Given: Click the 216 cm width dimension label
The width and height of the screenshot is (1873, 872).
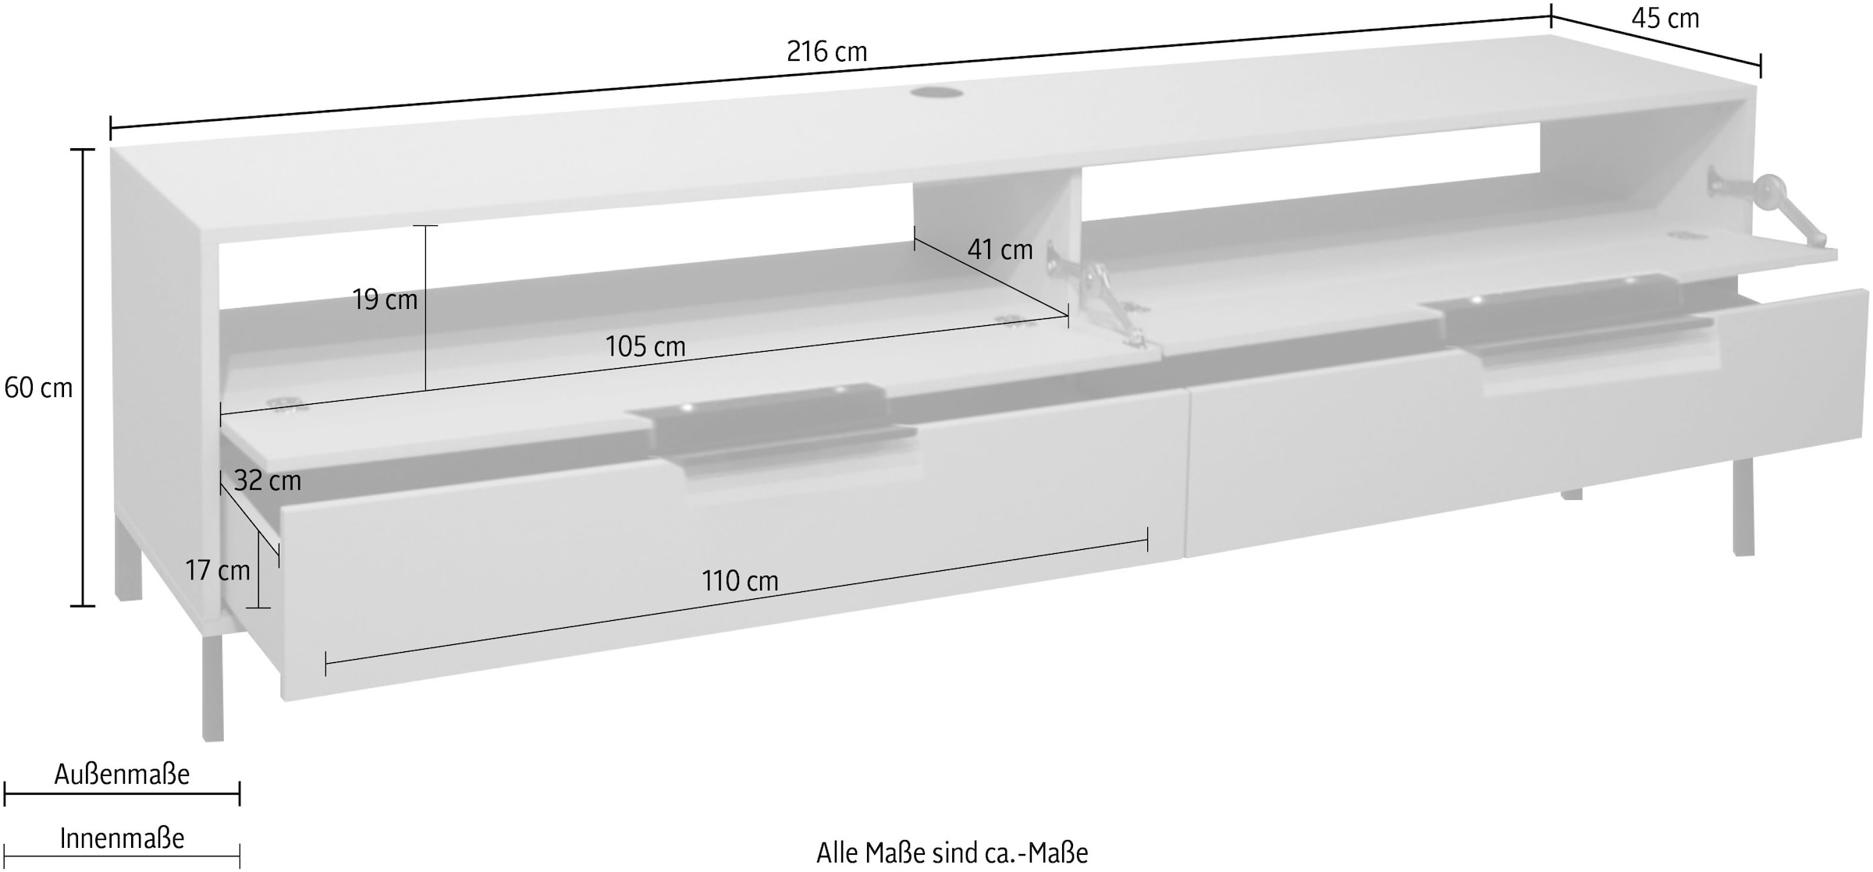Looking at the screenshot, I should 826,51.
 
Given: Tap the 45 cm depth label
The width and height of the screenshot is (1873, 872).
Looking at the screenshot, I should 1665,18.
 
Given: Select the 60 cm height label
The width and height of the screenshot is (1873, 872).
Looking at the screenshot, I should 37,388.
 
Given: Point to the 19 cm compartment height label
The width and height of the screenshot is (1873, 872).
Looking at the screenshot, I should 385,300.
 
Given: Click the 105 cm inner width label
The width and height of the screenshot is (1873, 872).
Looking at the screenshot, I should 645,346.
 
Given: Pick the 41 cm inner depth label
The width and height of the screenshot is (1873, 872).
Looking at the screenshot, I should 1000,250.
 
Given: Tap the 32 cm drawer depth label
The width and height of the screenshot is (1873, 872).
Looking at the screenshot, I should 267,480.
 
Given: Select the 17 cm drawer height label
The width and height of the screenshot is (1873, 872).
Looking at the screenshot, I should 217,570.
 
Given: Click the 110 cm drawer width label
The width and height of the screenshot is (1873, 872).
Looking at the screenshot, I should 740,581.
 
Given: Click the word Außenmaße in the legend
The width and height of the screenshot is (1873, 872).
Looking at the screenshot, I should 122,775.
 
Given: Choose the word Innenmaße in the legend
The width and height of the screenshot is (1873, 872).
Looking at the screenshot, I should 122,838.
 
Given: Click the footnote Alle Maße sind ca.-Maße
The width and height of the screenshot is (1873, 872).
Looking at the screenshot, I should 952,853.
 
